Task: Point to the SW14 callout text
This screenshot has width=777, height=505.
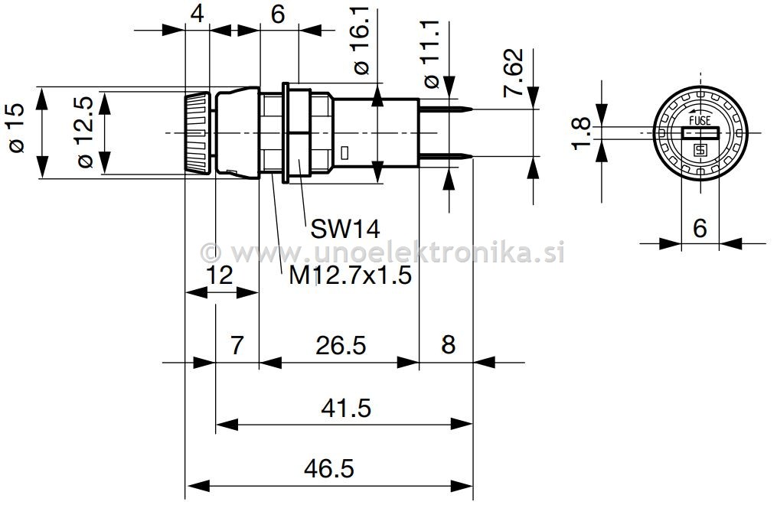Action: coord(344,228)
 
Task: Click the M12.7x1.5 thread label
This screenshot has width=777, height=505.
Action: coord(351,275)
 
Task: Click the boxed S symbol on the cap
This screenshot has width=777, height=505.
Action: coord(699,150)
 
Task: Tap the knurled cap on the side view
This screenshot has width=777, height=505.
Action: coord(198,135)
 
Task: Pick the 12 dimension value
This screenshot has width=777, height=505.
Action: coord(219,275)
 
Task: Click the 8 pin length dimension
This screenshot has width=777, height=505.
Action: coord(448,346)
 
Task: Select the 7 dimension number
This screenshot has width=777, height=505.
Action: coord(237,346)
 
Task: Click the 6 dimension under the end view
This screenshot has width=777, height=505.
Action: coord(699,228)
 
